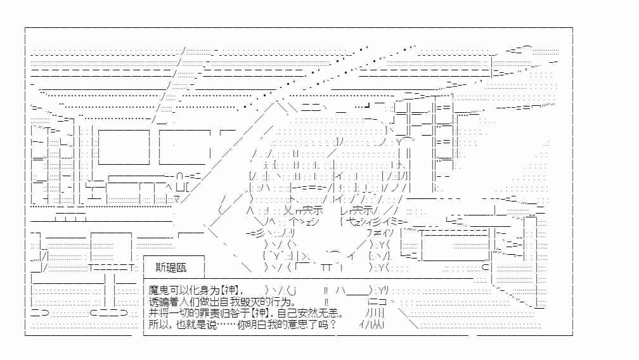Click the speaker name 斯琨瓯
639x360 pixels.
tap(171, 267)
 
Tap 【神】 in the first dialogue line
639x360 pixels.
tap(230, 290)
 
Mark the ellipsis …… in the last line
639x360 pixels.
tap(227, 325)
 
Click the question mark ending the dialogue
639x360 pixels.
tap(333, 325)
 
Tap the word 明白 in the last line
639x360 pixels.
tap(257, 325)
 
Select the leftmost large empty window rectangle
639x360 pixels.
tap(124, 147)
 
